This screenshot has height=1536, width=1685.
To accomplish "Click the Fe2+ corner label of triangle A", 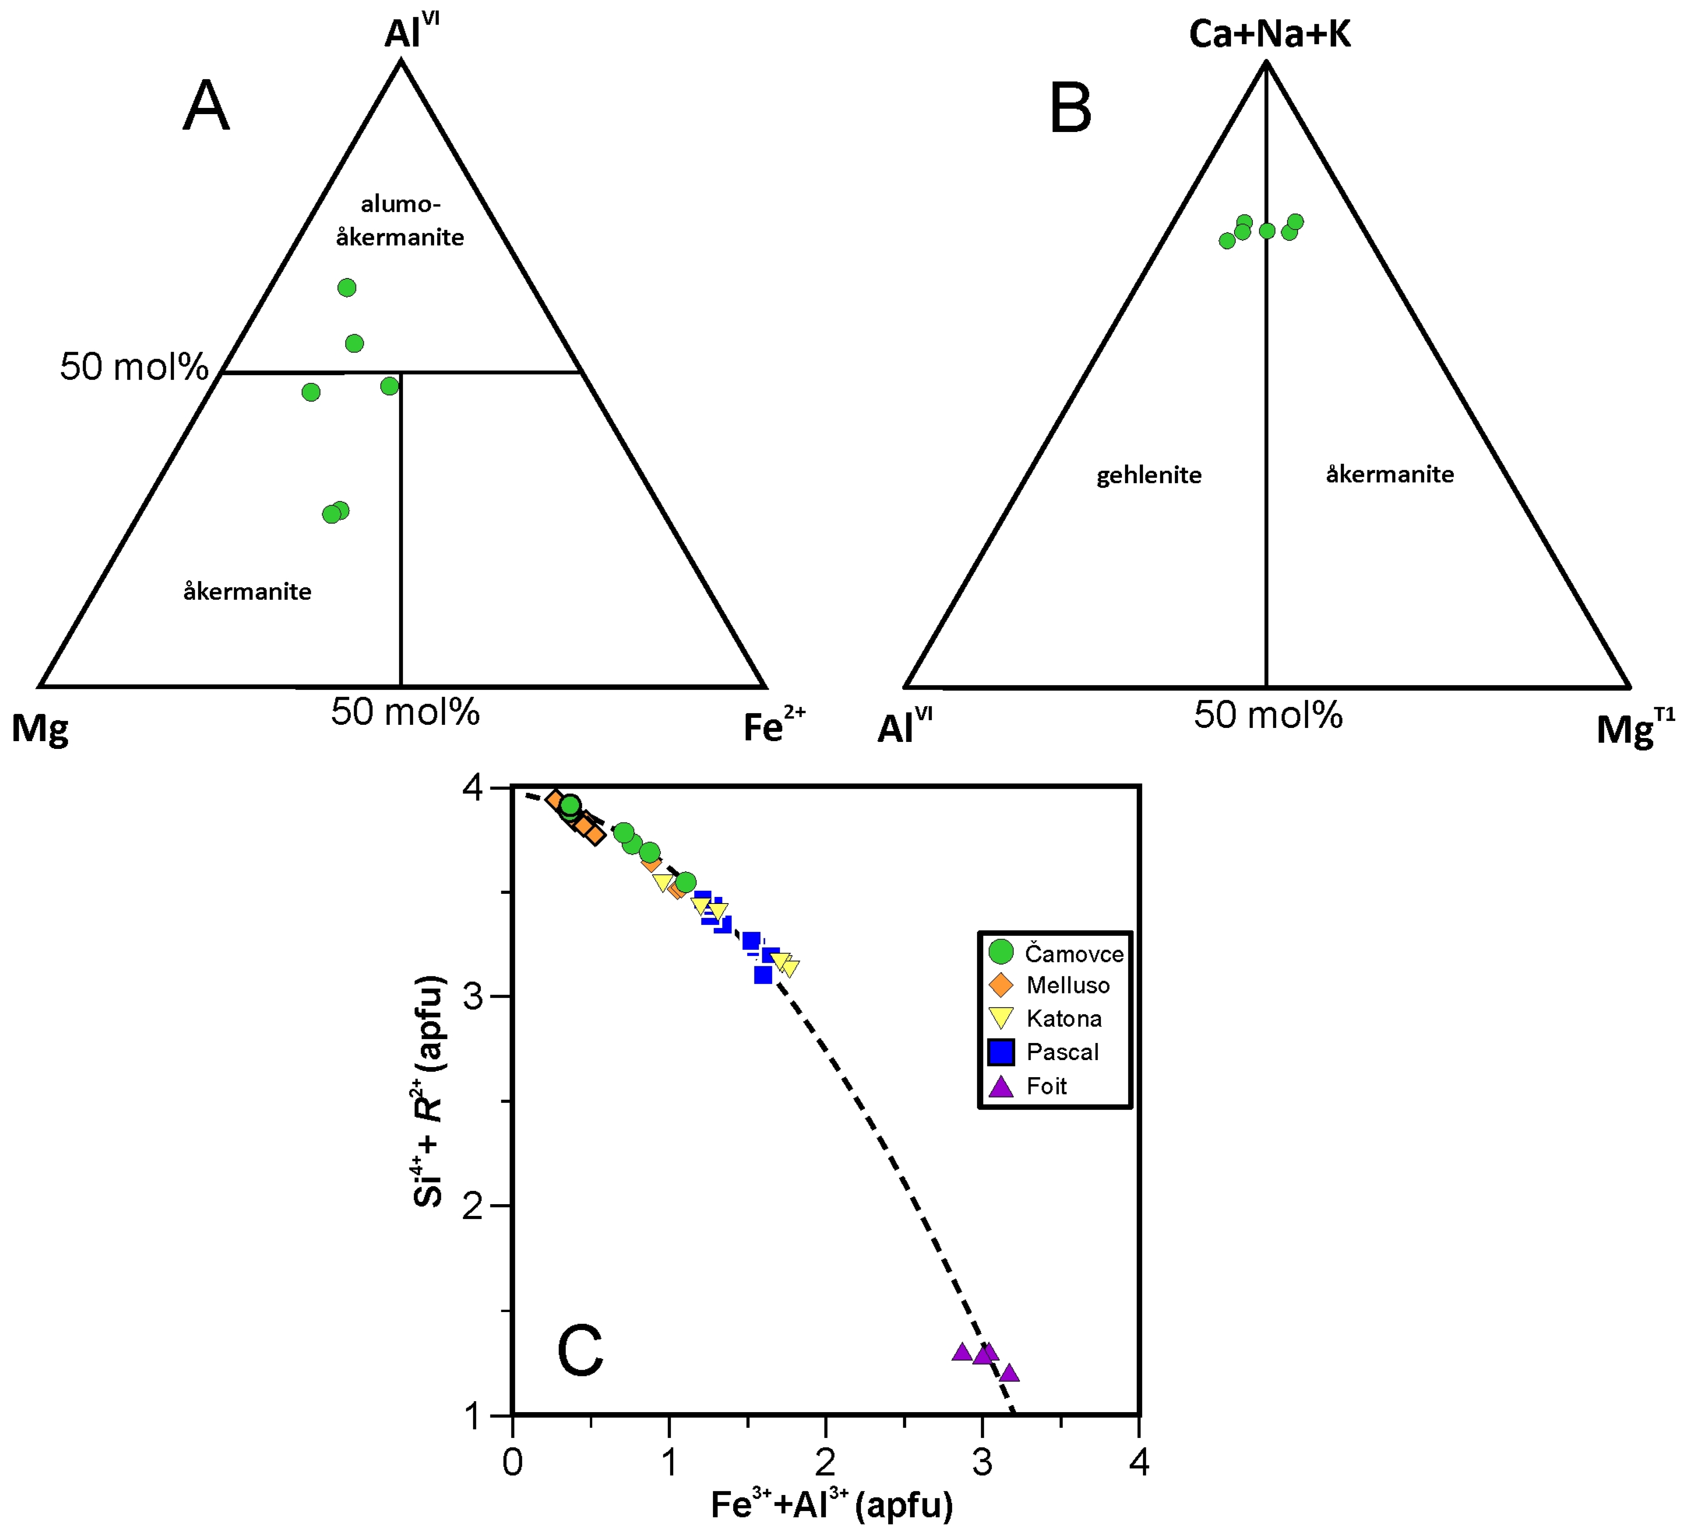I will (773, 726).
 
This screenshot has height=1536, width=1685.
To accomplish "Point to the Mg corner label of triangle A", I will (39, 729).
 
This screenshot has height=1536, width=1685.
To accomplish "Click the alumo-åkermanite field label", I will (400, 220).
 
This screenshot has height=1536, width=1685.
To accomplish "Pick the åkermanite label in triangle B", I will (1389, 475).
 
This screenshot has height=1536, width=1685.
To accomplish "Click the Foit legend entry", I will (1047, 1087).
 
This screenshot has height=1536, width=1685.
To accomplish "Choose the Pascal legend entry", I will (1061, 1052).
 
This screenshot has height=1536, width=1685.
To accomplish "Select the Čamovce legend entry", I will (1073, 953).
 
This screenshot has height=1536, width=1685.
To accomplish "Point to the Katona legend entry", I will (1063, 1019).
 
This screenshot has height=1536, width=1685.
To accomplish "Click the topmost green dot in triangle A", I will (347, 287).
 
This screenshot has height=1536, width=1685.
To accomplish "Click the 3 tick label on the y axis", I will (474, 997).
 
